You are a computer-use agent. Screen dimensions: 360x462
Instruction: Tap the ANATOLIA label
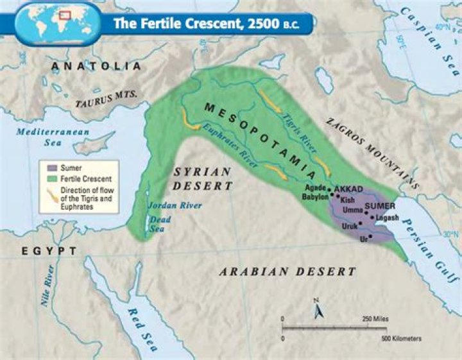point(96,67)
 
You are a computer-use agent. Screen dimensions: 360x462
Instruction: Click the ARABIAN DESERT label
point(287,271)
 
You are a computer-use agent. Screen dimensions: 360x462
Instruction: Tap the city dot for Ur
point(370,237)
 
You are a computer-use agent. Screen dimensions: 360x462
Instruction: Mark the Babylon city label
point(315,198)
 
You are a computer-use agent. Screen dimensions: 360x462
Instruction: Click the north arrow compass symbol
point(316,309)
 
